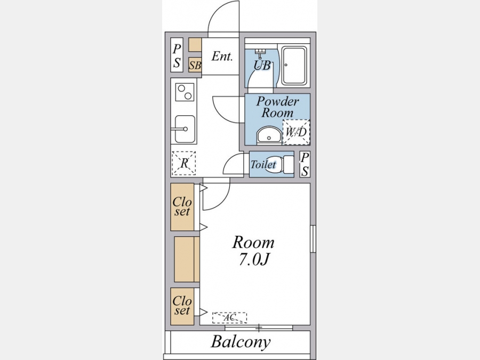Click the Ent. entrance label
point(222,57)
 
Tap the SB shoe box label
point(195,65)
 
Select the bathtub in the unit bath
point(294,66)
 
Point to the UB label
point(262,65)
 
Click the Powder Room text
point(278,107)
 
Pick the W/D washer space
point(296,132)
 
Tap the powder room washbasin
point(269,135)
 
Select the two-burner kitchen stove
point(185,92)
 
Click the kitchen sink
point(185,129)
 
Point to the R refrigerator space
point(183,163)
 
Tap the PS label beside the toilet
point(305,164)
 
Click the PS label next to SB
point(177,55)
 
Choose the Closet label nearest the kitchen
point(182,206)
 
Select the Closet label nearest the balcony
point(182,306)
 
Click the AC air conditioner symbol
point(229,318)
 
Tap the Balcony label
point(241,342)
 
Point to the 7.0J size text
point(253,260)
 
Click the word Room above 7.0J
point(253,243)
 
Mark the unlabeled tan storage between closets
point(187,259)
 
